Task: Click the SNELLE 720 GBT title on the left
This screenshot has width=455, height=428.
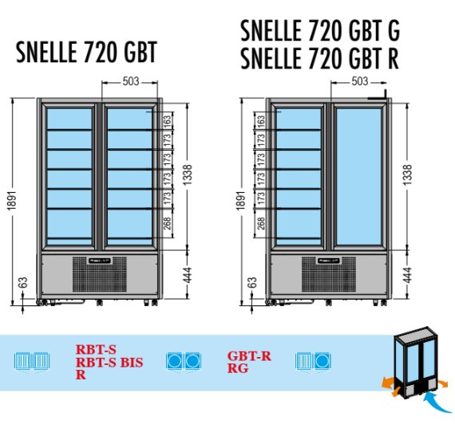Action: (x=86, y=52)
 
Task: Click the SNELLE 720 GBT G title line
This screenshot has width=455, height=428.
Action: (x=320, y=30)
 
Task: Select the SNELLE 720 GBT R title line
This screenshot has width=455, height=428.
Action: (x=319, y=58)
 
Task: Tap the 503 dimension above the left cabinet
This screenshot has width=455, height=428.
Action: (x=131, y=81)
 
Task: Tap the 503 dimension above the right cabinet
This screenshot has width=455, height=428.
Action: (x=360, y=81)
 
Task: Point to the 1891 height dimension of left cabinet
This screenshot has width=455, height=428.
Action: (x=12, y=201)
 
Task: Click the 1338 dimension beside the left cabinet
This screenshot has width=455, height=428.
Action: (x=188, y=175)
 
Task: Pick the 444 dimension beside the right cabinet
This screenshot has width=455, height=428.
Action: (x=407, y=275)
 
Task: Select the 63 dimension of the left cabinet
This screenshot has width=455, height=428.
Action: (x=23, y=282)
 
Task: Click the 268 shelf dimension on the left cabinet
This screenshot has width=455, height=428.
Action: (x=168, y=223)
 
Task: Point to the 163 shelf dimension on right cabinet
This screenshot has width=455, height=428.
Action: (x=262, y=120)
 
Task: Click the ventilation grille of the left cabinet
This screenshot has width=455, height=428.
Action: (x=100, y=274)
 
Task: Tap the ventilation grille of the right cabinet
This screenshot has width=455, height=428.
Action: (x=329, y=274)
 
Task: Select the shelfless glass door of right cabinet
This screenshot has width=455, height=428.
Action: (x=358, y=176)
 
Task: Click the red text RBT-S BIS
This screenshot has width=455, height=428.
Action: (x=109, y=363)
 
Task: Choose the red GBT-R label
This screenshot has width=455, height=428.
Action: (x=249, y=356)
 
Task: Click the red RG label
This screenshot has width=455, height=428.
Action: (x=238, y=368)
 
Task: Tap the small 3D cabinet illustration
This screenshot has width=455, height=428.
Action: (x=415, y=362)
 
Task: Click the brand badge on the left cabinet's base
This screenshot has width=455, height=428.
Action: (x=100, y=261)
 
